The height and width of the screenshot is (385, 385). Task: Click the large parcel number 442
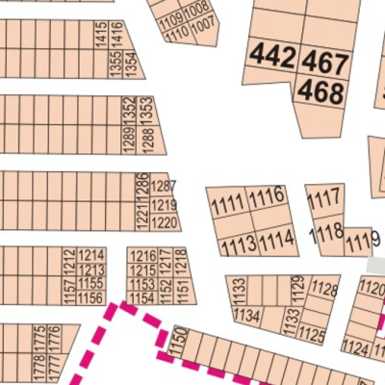pos(271,56)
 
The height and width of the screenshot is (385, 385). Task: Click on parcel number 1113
pos(238,245)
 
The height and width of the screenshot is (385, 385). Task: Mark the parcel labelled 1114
pos(277,239)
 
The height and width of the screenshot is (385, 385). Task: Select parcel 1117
pos(324,199)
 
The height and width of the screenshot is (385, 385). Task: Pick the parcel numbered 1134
pos(245,315)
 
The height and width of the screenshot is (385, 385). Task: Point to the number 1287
pos(164,185)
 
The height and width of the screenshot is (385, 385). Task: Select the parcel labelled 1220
pos(165,223)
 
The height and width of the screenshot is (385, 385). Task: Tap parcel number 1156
pos(91,299)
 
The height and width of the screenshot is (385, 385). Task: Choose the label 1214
pos(91,255)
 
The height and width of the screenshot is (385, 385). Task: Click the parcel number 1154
pos(142,298)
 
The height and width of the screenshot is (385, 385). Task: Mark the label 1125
pos(313,335)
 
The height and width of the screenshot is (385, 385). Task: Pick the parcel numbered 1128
pos(325,290)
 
